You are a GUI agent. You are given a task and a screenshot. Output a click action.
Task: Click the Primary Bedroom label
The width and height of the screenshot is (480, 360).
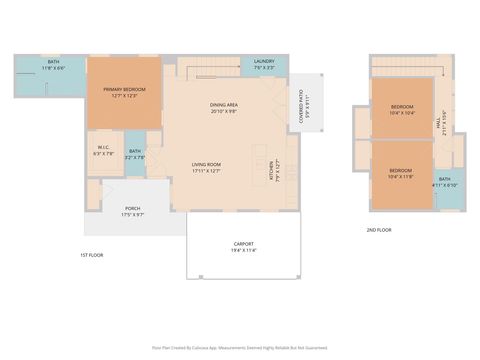pyautogui.click(x=124, y=90)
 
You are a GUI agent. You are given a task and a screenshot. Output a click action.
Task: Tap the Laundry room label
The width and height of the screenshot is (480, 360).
pyautogui.click(x=264, y=61)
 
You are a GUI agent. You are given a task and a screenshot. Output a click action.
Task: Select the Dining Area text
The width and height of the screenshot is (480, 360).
pyautogui.click(x=223, y=105)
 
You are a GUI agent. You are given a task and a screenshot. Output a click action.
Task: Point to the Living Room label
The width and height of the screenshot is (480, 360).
pyautogui.click(x=206, y=165)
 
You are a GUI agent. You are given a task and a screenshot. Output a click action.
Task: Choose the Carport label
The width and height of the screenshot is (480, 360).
pyautogui.click(x=244, y=243)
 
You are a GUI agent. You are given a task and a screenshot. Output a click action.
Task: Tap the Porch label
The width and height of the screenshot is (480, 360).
pyautogui.click(x=132, y=210)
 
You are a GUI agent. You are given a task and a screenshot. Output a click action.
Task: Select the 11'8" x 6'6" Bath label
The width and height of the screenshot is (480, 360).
pyautogui.click(x=53, y=62)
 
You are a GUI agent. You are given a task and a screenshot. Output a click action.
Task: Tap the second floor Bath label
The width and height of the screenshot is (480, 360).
pyautogui.click(x=444, y=180)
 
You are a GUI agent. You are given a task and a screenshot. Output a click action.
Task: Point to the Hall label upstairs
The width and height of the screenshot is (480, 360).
pyautogui.click(x=440, y=125)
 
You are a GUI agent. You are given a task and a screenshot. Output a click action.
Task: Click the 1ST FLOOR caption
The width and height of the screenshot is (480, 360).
pyautogui.click(x=91, y=255)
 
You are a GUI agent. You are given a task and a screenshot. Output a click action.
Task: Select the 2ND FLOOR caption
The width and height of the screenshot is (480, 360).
pyautogui.click(x=378, y=230)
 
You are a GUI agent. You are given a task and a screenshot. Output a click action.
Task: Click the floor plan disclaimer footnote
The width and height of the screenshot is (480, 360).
pyautogui.click(x=240, y=347)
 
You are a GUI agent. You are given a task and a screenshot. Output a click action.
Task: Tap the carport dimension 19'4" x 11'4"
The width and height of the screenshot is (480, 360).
pyautogui.click(x=244, y=250)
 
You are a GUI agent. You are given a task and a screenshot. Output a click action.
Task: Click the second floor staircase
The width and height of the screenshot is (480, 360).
pyautogui.click(x=405, y=66)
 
